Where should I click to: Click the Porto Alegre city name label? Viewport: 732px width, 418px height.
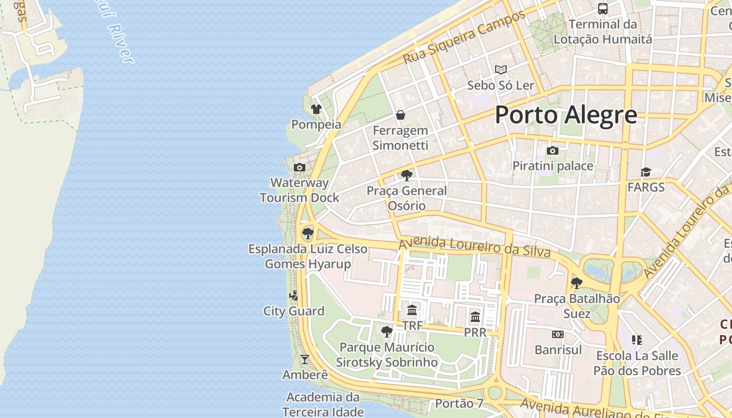click(566, 115)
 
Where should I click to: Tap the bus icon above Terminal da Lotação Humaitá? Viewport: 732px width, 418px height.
click(603, 9)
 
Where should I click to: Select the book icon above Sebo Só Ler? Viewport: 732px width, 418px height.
click(500, 69)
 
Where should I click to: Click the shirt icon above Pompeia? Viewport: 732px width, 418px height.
click(316, 109)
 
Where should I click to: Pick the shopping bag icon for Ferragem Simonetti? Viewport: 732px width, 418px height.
click(401, 115)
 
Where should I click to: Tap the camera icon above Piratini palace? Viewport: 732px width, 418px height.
click(553, 151)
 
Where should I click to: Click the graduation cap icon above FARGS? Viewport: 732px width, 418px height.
click(646, 172)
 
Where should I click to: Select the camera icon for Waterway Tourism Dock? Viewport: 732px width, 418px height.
click(300, 167)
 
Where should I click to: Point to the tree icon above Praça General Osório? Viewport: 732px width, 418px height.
click(406, 176)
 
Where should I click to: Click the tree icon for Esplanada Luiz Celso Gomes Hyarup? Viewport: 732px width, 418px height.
click(308, 234)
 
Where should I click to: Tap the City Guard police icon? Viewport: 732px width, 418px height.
click(293, 296)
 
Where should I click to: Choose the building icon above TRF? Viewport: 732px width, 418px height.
click(412, 310)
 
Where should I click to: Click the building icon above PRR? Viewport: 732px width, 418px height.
click(475, 317)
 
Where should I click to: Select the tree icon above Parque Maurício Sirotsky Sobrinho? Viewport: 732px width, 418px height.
click(386, 332)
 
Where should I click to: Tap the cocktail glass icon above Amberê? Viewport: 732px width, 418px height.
click(305, 359)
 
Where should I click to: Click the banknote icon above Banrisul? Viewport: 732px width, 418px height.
click(558, 334)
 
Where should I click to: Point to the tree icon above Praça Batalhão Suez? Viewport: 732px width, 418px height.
click(577, 283)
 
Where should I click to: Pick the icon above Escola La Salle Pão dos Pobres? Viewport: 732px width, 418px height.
click(636, 340)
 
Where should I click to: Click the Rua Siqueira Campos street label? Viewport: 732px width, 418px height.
click(464, 38)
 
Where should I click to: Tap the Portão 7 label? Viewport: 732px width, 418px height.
click(459, 403)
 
